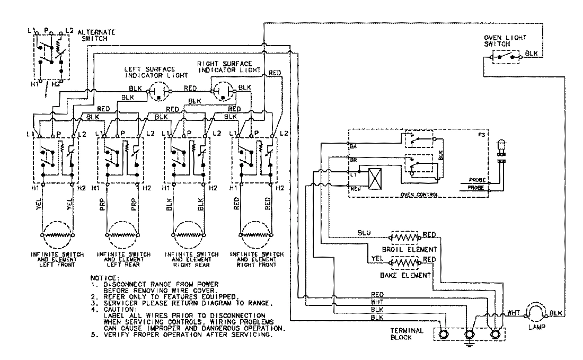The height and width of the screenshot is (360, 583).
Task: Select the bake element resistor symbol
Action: [x=404, y=262]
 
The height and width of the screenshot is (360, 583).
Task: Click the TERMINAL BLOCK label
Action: [x=407, y=334]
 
